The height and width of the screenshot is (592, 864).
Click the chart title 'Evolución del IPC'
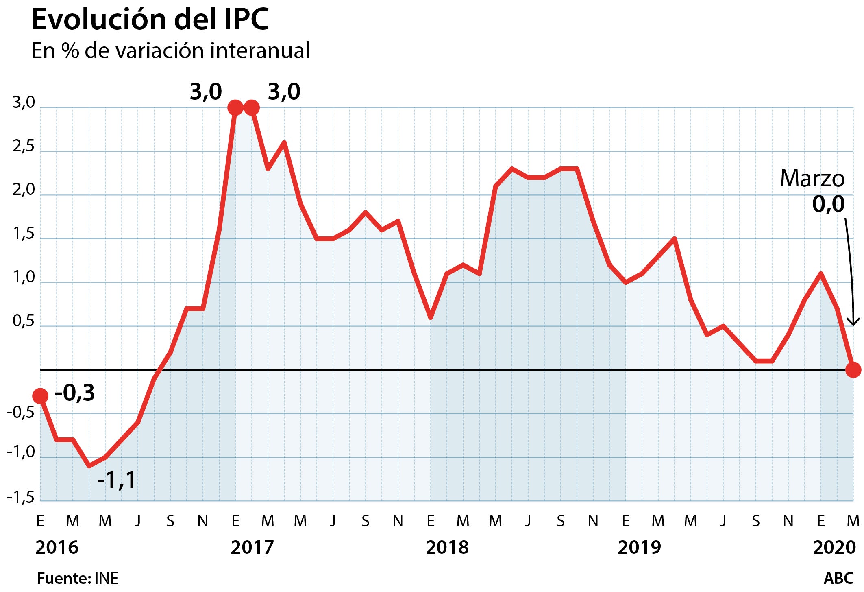(150, 19)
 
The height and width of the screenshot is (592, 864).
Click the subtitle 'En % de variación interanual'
(170, 51)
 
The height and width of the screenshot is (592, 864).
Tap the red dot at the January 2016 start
(40, 395)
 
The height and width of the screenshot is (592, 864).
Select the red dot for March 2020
(853, 370)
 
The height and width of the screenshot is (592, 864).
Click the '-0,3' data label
(75, 393)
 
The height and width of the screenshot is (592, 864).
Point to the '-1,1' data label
(117, 480)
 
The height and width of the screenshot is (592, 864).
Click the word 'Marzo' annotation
(812, 179)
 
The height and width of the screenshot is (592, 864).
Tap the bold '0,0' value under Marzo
(828, 204)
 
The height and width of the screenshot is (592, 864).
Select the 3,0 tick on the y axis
(24, 103)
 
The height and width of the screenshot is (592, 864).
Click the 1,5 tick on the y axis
(24, 234)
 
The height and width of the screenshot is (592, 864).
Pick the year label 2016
(57, 548)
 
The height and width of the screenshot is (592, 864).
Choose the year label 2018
(447, 548)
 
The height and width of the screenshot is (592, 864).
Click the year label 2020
(834, 548)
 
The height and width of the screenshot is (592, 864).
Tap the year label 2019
(639, 548)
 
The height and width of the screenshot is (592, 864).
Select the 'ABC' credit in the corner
(838, 578)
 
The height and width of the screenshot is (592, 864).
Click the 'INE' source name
(107, 578)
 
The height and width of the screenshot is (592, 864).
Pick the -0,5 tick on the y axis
(21, 413)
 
